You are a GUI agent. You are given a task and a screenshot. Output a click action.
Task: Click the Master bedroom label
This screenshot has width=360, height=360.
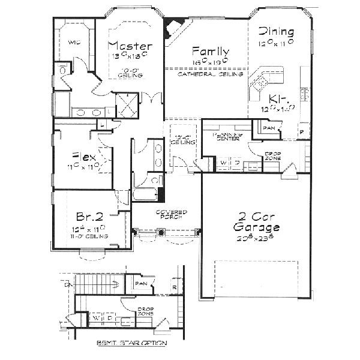tap(130, 46)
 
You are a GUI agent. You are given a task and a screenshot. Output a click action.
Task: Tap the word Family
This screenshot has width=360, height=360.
tap(210, 51)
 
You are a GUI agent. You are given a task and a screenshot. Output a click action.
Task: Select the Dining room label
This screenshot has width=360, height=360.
tap(275, 32)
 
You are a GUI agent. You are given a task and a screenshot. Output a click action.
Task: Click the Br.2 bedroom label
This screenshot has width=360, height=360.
tap(88, 217)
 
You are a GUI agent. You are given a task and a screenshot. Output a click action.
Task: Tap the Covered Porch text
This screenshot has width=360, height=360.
tap(171, 215)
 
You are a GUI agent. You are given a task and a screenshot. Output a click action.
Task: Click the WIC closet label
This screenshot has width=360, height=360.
tap(74, 43)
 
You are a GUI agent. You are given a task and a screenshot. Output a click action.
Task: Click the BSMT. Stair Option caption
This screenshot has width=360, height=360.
tap(131, 343)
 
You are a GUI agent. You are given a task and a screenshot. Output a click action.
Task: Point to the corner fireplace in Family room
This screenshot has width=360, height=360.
tap(175, 27)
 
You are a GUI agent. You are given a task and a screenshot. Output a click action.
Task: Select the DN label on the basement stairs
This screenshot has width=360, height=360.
tap(67, 286)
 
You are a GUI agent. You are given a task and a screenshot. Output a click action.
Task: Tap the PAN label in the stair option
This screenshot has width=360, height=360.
tap(142, 283)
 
